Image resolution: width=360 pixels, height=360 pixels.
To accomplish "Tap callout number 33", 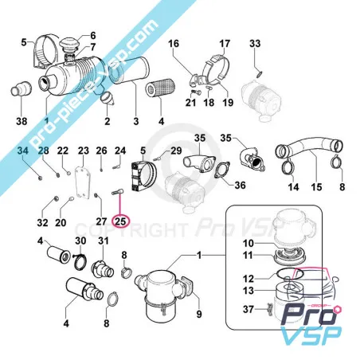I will click(x=255, y=42).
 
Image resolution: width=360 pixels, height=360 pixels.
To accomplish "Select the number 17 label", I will click(x=225, y=42).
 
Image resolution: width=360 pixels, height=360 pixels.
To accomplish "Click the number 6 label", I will click(x=92, y=36).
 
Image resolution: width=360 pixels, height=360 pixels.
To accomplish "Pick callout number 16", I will click(x=174, y=42).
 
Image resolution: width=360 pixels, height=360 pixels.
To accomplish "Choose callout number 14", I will click(x=293, y=187).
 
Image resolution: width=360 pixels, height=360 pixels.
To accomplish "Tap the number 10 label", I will click(x=248, y=242).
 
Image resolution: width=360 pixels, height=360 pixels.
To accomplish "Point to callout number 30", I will click(x=80, y=241).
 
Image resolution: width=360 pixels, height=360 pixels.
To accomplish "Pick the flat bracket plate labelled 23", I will click(x=80, y=183).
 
